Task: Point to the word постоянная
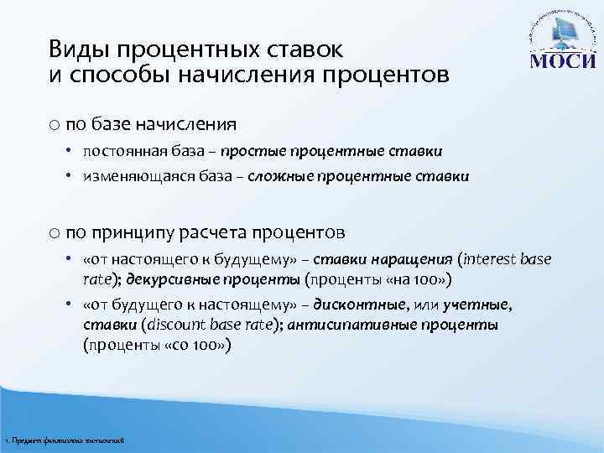pyautogui.click(x=123, y=151)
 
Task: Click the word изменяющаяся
pyautogui.click(x=132, y=177)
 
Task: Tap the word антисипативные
pyautogui.click(x=345, y=325)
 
